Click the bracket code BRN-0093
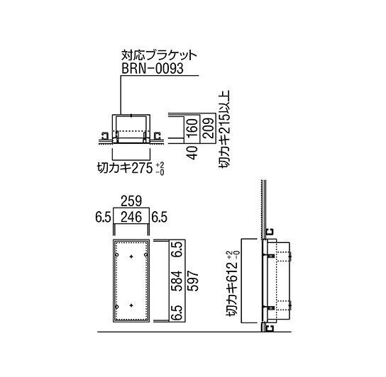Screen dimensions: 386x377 153,68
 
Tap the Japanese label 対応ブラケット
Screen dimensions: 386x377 159,55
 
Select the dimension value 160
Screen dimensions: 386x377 193,128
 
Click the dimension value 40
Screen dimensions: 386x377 193,152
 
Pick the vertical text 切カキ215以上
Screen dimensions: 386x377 224,130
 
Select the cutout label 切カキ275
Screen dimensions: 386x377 125,168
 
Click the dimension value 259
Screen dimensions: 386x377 131,201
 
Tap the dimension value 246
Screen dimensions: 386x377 131,217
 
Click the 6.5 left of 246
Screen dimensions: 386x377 103,217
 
